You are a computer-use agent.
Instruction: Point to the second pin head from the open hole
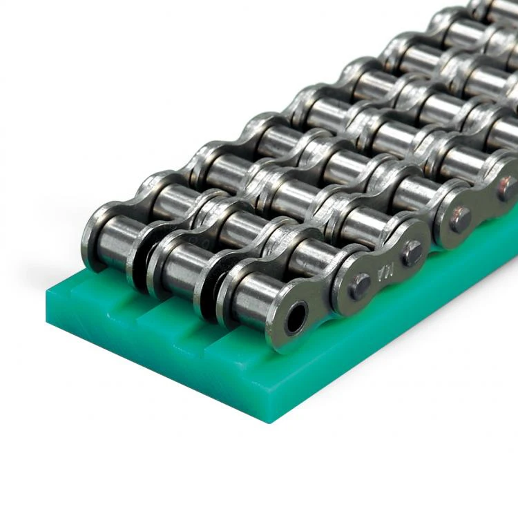click(x=412, y=253)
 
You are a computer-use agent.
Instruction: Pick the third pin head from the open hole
click(x=461, y=219)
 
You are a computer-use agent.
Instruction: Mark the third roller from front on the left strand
click(x=221, y=166)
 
